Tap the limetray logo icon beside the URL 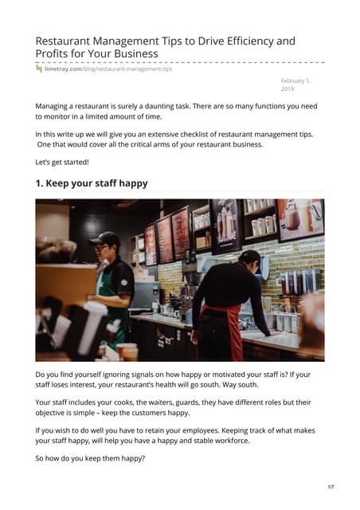39,69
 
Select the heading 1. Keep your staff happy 92,183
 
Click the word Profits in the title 57,54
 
